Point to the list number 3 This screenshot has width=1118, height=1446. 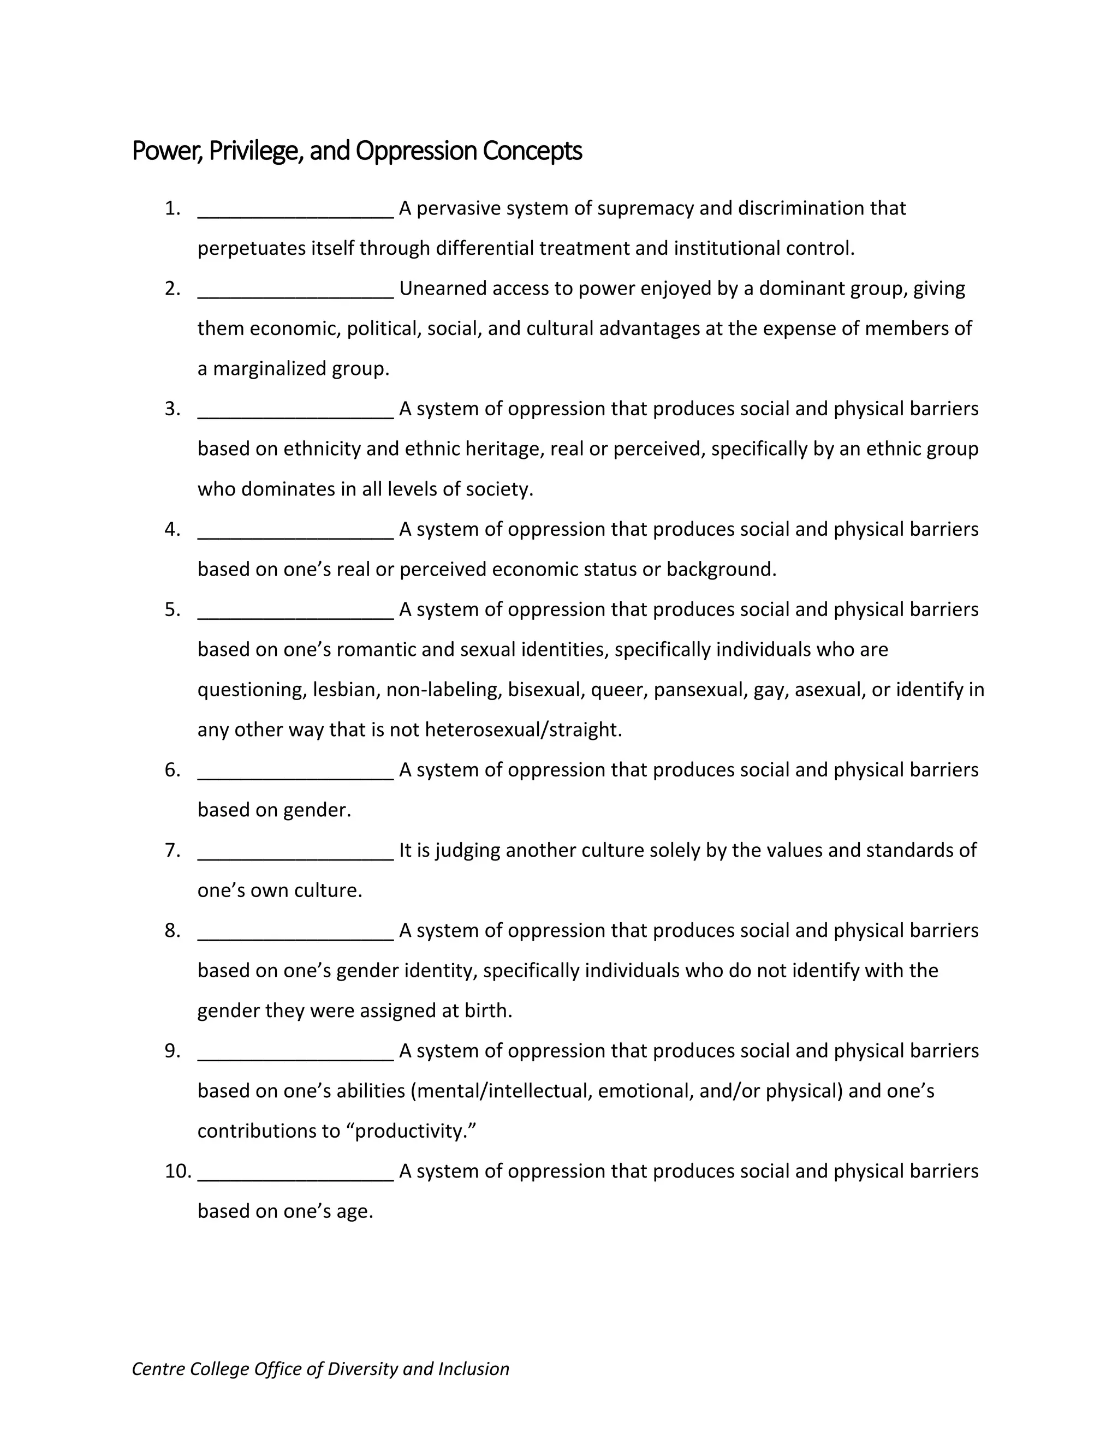click(172, 409)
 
